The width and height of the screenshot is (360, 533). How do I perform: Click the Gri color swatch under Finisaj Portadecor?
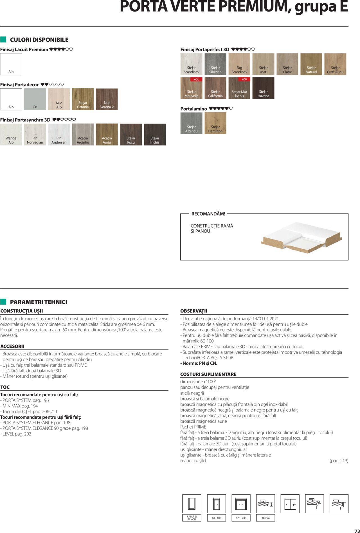(x=35, y=99)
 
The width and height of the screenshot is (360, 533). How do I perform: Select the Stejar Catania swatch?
(x=83, y=99)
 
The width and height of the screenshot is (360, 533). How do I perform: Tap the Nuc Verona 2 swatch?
(x=107, y=99)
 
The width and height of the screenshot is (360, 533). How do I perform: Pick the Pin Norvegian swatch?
(x=35, y=135)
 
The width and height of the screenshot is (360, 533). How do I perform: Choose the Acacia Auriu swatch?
(x=107, y=135)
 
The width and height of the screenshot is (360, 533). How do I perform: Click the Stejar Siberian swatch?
(x=215, y=64)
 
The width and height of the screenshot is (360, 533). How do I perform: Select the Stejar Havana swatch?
(x=263, y=88)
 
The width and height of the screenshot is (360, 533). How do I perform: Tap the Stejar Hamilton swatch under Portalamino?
(x=215, y=123)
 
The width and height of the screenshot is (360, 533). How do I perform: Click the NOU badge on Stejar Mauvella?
(x=196, y=79)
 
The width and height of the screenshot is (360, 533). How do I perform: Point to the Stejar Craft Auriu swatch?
(x=335, y=64)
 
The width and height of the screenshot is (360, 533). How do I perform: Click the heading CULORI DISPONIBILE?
(x=39, y=40)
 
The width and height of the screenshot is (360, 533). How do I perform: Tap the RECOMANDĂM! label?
(x=208, y=214)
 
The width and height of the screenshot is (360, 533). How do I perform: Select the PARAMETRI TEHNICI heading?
(x=39, y=302)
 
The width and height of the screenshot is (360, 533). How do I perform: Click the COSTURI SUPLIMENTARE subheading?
(x=208, y=374)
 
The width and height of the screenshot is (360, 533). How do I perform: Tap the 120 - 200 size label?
(x=241, y=518)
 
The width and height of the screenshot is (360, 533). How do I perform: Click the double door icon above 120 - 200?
(x=241, y=504)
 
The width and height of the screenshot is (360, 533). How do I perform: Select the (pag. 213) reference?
(x=339, y=461)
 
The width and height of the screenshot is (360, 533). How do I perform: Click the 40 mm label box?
(x=265, y=518)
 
